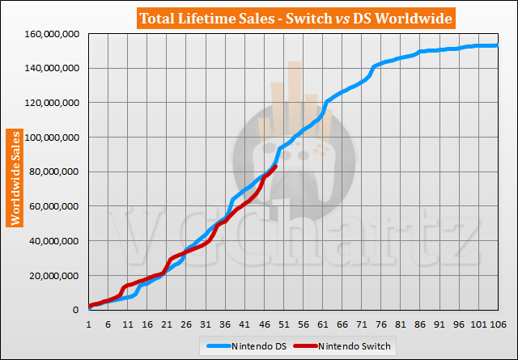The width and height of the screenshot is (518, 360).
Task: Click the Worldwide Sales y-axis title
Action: [15, 176]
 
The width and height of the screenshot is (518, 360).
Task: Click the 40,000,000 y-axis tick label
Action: [52, 241]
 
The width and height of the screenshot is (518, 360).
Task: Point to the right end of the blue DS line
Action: [495, 45]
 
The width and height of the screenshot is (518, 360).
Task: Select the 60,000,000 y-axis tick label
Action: [52, 206]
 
